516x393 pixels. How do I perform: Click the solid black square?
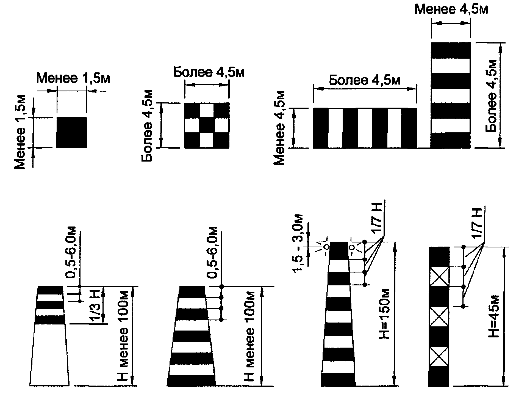[71, 133]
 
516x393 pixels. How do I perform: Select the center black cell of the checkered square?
[206, 125]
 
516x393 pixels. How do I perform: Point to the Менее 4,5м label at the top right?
[451, 9]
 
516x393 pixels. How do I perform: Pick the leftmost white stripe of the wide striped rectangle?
[335, 128]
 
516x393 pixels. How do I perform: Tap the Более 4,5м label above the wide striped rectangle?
[365, 80]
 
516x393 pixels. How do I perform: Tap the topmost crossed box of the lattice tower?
[439, 277]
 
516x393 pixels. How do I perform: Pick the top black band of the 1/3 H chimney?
[50, 290]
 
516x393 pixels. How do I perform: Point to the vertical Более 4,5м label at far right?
[492, 95]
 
